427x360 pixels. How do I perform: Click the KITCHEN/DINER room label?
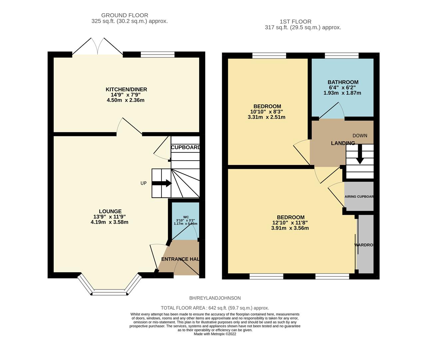(126, 89)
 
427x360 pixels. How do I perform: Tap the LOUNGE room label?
(110, 211)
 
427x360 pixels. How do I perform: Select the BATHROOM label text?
(343, 82)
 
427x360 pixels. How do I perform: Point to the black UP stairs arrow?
(162, 183)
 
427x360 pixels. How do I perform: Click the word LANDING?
(343, 143)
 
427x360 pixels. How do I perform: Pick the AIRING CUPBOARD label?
(359, 197)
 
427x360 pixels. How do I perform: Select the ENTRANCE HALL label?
(180, 259)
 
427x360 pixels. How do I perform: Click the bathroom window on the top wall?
(342, 55)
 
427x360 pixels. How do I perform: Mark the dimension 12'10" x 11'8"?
(290, 223)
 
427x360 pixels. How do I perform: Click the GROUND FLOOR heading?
(125, 15)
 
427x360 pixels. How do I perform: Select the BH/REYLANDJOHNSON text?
(215, 298)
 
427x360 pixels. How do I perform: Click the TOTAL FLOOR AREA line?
(215, 308)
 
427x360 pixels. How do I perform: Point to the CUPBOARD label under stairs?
(186, 147)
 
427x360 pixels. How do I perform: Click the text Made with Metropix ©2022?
(215, 334)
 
